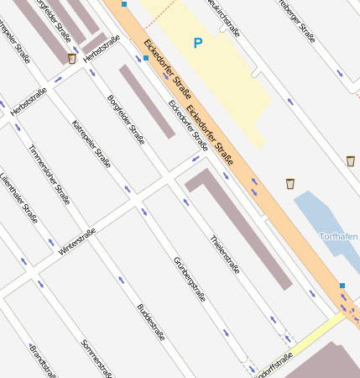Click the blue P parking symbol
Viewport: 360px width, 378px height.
click(x=198, y=42)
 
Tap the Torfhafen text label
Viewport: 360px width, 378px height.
click(x=339, y=237)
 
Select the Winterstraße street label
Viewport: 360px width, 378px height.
click(x=77, y=241)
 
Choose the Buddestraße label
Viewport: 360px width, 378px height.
click(x=151, y=322)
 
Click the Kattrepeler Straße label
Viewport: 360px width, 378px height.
click(x=91, y=145)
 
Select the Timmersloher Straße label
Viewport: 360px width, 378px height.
click(x=49, y=175)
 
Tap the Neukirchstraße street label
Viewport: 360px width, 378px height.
click(x=225, y=18)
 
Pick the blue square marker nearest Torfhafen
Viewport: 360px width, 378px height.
click(x=342, y=286)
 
